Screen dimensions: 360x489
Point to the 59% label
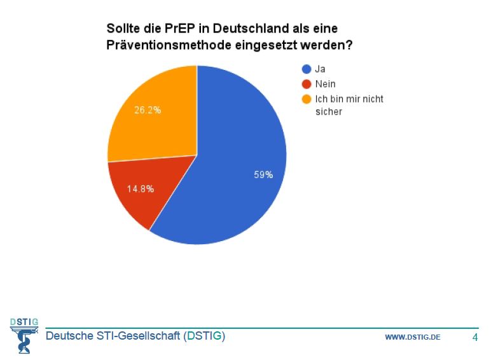[263, 175]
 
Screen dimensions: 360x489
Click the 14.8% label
[140, 189]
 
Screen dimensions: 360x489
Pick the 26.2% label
[148, 110]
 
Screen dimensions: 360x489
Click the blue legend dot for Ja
[306, 69]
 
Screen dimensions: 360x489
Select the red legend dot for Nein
[306, 84]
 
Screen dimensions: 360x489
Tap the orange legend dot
[306, 99]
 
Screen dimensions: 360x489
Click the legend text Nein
[325, 84]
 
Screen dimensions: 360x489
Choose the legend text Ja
[320, 69]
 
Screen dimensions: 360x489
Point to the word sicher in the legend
[329, 112]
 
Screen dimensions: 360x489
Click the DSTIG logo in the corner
[24, 334]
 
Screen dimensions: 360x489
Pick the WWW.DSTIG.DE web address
[412, 337]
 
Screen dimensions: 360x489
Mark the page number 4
[474, 336]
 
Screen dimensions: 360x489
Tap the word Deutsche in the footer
[67, 336]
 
